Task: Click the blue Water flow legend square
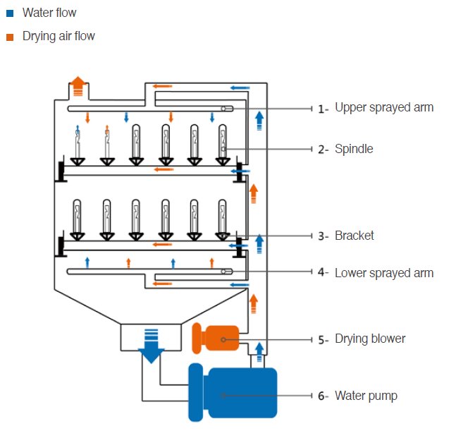point(9,13)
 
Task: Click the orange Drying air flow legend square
point(9,36)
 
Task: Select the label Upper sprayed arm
point(384,108)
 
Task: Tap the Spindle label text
point(354,149)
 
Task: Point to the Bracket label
point(355,236)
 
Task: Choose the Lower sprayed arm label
point(384,272)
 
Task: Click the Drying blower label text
point(370,339)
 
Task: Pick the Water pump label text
point(366,396)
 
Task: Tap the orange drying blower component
point(215,339)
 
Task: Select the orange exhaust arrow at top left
point(78,85)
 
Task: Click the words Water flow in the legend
point(49,13)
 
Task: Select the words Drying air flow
point(58,36)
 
